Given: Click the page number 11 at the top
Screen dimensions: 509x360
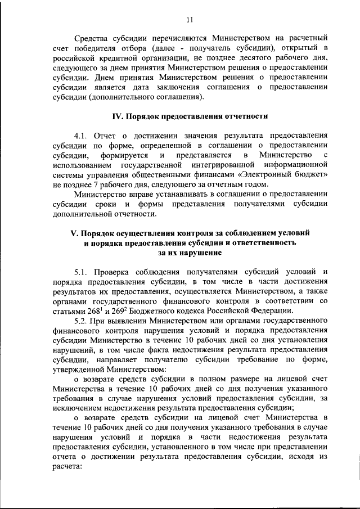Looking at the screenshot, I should [189, 20].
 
